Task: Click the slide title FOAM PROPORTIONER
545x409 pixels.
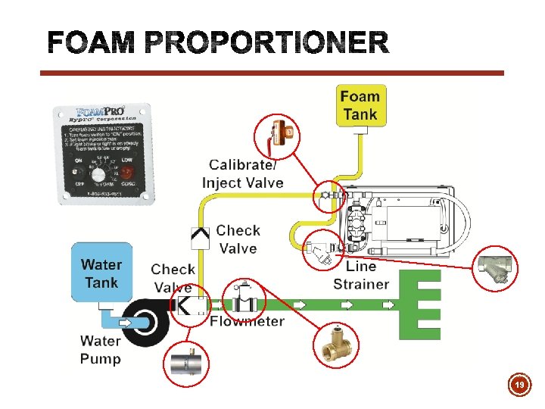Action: click(x=218, y=43)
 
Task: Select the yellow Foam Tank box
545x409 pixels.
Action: click(x=360, y=106)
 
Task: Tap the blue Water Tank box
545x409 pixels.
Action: click(x=101, y=273)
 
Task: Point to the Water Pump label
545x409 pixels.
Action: click(x=100, y=350)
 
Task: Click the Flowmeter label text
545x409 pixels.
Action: click(x=247, y=321)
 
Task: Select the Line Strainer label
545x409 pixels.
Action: click(x=360, y=276)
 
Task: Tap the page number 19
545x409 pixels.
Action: click(x=519, y=386)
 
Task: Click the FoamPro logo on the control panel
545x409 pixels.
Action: click(x=98, y=114)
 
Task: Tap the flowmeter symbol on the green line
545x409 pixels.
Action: click(x=244, y=301)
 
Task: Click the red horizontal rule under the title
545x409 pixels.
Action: click(x=272, y=73)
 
